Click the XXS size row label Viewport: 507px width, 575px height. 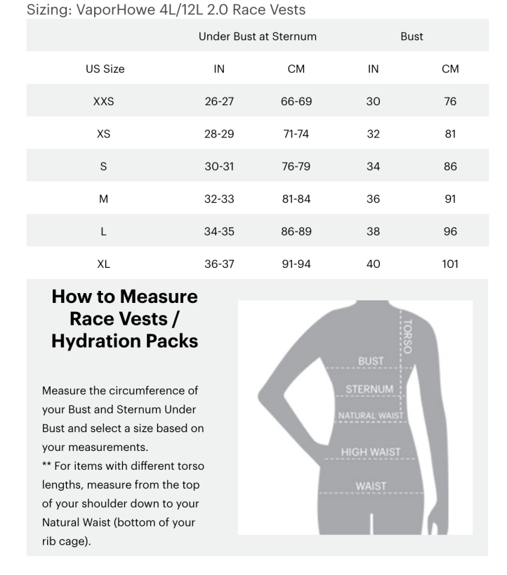coord(103,102)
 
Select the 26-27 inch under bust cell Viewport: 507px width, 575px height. coord(218,102)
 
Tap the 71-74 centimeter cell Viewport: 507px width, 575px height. coord(296,134)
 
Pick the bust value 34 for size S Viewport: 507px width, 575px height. coord(373,167)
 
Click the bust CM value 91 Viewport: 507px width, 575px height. coord(450,199)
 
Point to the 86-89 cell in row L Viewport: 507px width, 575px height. coord(296,231)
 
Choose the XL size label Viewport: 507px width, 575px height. coord(103,264)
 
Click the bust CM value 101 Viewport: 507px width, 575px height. coord(450,264)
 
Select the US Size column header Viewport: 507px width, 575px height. coord(105,69)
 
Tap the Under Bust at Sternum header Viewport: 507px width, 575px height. coord(257,36)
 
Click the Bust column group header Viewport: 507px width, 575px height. coord(411,36)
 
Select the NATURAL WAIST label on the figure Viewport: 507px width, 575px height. coord(371,416)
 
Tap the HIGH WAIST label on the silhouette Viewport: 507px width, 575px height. coord(370,452)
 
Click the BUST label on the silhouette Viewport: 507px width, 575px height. coord(371,361)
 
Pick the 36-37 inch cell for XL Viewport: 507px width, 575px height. coord(218,264)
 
